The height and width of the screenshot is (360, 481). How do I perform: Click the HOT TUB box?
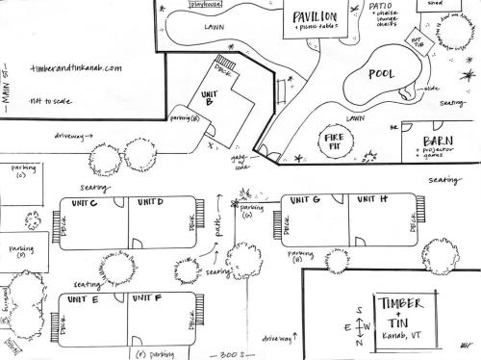417,41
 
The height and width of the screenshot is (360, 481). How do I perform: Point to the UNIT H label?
371,199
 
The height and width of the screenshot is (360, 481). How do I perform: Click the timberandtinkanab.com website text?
77,69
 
